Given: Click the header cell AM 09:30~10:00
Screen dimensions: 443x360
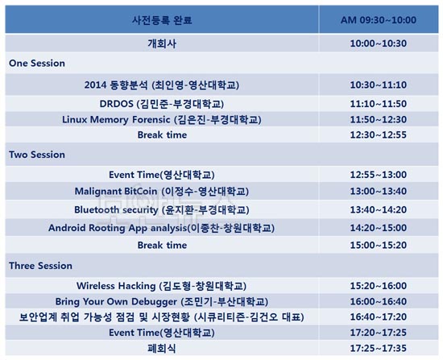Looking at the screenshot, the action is coord(379,20).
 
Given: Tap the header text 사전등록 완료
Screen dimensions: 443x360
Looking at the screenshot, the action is coord(162,20).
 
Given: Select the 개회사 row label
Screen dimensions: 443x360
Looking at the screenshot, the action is coord(162,43).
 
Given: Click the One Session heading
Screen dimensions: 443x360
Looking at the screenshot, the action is coord(37,63).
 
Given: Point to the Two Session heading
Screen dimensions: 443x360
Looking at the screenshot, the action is coord(37,155).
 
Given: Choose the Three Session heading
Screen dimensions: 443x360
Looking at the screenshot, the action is coord(40,266).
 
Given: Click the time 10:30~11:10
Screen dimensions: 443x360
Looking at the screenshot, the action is coord(379,85).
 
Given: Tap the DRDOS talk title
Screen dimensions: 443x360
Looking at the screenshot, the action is coord(162,104).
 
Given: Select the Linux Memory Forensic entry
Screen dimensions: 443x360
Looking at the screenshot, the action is coord(162,119).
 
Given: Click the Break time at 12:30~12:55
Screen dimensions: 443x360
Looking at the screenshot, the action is coord(162,134).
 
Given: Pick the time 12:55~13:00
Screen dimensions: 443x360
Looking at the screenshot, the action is coord(379,175).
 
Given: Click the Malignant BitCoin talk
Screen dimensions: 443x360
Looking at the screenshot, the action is coord(162,192).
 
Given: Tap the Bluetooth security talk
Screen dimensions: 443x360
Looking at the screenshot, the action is coord(162,209).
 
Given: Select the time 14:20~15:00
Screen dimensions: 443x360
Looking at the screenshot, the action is coord(379,228).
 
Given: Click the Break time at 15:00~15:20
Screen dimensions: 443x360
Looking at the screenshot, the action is coord(162,245).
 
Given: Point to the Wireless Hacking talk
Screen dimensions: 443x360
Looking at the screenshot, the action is coord(161,286).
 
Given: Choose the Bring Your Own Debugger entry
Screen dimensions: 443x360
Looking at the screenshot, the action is coord(162,301).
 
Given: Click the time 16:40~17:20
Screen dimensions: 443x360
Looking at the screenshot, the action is coord(379,317).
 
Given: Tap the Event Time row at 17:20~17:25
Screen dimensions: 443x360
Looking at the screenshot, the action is coord(162,333).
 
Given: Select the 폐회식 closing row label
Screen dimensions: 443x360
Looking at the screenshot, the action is coord(162,348).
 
